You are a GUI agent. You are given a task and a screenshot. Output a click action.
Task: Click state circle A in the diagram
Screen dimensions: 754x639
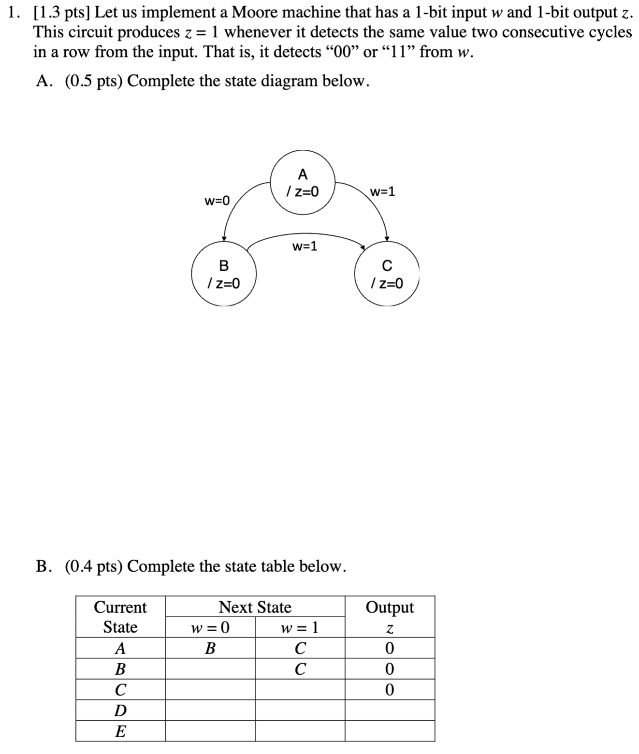[x=303, y=183]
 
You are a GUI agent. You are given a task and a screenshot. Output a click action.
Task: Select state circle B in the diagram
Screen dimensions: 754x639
[x=223, y=274]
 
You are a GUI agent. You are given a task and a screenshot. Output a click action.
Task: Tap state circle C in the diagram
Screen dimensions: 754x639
[x=387, y=274]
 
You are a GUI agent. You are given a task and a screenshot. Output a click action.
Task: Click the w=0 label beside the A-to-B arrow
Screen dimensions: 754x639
[x=218, y=200]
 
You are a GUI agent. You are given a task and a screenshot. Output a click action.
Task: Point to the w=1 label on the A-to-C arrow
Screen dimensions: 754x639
[x=382, y=192]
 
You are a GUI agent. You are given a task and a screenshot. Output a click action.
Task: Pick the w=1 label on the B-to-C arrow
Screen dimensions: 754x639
[x=305, y=246]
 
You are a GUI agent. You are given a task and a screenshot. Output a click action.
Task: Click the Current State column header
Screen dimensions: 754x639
[x=120, y=617]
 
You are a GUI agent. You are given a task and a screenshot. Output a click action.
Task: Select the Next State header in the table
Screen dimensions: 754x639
[x=255, y=607]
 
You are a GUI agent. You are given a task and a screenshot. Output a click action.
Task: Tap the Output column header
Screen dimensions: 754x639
[x=390, y=607]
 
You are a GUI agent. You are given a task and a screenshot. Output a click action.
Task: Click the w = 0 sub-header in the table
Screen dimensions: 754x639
[x=210, y=627]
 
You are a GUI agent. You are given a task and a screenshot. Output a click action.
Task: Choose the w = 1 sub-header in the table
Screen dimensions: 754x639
[x=300, y=627]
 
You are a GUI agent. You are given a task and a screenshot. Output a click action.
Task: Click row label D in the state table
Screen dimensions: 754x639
[x=120, y=710]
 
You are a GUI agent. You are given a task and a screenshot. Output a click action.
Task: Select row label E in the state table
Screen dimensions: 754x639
[x=120, y=731]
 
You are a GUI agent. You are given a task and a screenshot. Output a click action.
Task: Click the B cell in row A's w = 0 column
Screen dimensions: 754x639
[x=210, y=648]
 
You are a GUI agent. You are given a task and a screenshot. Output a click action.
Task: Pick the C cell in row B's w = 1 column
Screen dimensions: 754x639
[x=300, y=669]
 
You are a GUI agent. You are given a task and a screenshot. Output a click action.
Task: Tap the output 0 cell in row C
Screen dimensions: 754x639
[x=390, y=690]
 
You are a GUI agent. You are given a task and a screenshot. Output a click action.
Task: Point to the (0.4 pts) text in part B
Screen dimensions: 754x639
[x=94, y=566]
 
